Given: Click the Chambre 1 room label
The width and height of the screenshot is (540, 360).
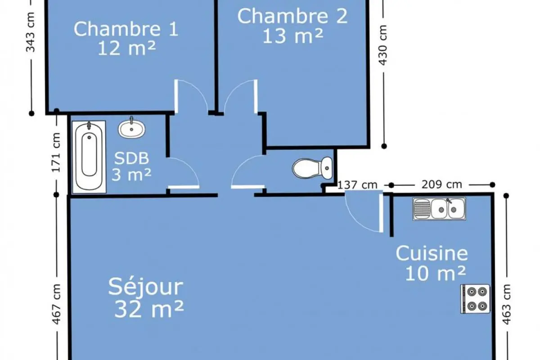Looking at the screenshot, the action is pos(126,29).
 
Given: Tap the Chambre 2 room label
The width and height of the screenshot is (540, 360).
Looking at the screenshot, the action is pos(292,16).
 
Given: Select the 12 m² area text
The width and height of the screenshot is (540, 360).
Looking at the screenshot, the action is pos(127,48).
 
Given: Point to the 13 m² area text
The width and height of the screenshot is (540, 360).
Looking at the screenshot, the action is pos(292,36).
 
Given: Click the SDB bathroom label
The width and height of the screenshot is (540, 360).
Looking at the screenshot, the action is pos(131,158).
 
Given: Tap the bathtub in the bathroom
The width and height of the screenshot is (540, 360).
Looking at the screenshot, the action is pos(89,157).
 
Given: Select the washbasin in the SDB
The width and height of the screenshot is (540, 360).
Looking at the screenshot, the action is pos(131,128).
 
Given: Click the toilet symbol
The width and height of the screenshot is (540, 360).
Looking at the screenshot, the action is pos(312,168).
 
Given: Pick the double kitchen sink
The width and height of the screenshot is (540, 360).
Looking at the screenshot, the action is pos(439,209).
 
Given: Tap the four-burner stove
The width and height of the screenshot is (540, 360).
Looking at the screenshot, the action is pos(475,299).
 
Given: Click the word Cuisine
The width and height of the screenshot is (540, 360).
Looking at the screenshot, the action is pos(432,253).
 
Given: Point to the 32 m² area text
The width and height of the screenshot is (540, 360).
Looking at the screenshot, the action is pos(149,309).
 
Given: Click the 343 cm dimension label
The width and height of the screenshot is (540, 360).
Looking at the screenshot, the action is pos(31,32).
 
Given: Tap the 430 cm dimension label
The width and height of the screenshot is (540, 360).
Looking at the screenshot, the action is pos(383,45).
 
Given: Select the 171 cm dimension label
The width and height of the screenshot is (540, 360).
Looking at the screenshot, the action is pos(56,153).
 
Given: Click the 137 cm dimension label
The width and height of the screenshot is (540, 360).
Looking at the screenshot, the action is pos(357,185).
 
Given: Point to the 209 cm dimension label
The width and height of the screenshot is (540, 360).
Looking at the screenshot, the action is pos(441,184).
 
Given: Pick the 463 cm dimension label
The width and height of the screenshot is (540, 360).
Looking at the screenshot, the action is pos(506,305).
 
